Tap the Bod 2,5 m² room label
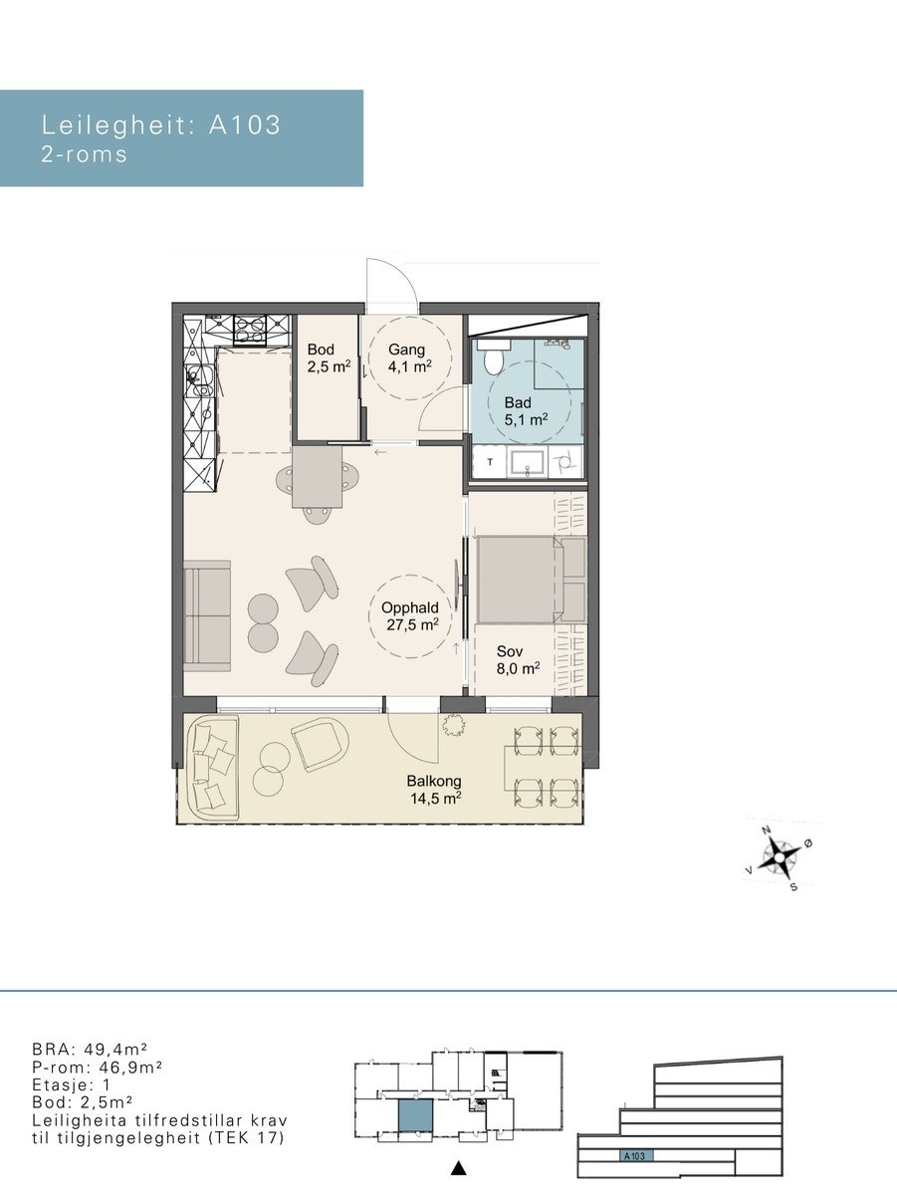click(x=329, y=358)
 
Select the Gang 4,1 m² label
click(x=409, y=358)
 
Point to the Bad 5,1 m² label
click(x=526, y=411)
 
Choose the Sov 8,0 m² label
click(x=518, y=659)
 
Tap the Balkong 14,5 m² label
click(x=435, y=790)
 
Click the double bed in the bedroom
click(x=531, y=580)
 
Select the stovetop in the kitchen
click(x=250, y=330)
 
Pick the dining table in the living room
click(x=318, y=476)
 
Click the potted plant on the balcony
click(x=453, y=725)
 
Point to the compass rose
click(x=781, y=857)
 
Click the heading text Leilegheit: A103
click(x=161, y=125)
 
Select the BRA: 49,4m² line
click(x=90, y=1048)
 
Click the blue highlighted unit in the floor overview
click(x=415, y=1114)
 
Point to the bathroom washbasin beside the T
click(x=527, y=463)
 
